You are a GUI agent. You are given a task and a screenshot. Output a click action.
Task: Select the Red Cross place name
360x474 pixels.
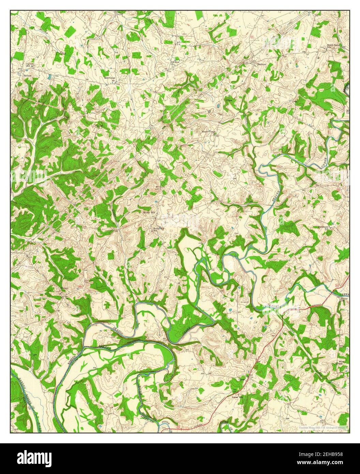pos(110,78)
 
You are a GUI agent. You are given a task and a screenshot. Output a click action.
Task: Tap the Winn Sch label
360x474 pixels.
pos(341,362)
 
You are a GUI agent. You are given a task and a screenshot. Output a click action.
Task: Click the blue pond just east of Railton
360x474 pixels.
pos(50,77)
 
